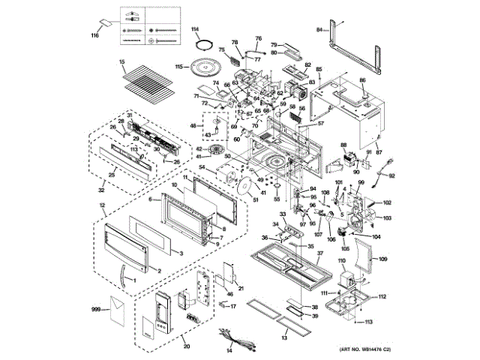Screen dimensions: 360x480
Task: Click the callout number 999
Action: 95,309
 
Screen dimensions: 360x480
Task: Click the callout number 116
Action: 94,36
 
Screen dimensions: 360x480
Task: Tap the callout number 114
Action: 194,28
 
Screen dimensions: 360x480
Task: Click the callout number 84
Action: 318,29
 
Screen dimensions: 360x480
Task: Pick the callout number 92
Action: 391,176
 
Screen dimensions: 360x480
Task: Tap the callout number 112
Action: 382,297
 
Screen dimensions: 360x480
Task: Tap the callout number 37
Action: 319,253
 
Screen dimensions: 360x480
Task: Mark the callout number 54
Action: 202,166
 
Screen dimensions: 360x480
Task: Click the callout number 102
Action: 388,203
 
